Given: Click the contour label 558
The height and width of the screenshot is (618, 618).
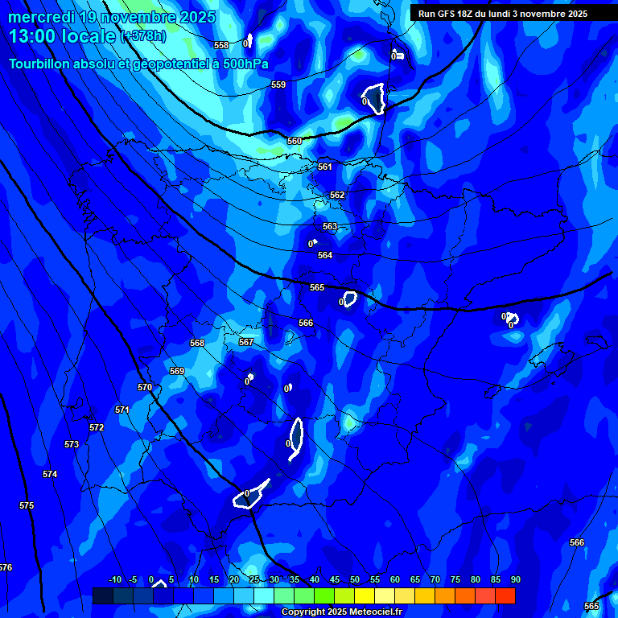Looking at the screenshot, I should pyautogui.click(x=221, y=46).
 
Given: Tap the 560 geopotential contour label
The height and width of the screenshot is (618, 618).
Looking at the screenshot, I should pyautogui.click(x=295, y=141).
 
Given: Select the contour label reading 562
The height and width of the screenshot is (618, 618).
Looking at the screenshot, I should pyautogui.click(x=337, y=196).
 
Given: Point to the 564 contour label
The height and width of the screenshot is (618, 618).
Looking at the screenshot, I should pyautogui.click(x=325, y=255).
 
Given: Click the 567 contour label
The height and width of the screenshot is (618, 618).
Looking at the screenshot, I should pyautogui.click(x=246, y=342).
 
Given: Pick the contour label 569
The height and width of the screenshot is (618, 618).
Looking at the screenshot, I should pyautogui.click(x=177, y=371).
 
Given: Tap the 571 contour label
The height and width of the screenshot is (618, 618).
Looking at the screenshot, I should pyautogui.click(x=122, y=410).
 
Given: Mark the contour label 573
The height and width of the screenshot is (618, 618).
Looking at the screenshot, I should pyautogui.click(x=72, y=444).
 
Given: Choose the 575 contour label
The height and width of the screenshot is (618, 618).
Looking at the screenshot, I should pyautogui.click(x=27, y=505).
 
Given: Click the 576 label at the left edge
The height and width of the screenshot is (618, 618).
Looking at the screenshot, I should pyautogui.click(x=6, y=567).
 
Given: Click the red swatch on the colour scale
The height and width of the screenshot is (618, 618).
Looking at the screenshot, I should pyautogui.click(x=505, y=595).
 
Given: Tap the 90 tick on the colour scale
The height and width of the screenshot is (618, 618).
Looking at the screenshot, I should pyautogui.click(x=515, y=580).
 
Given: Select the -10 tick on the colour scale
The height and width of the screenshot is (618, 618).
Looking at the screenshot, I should pyautogui.click(x=115, y=580).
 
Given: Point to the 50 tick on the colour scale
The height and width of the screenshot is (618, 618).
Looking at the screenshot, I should pyautogui.click(x=355, y=580).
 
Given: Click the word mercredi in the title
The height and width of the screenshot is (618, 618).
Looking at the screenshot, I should pyautogui.click(x=41, y=17).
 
